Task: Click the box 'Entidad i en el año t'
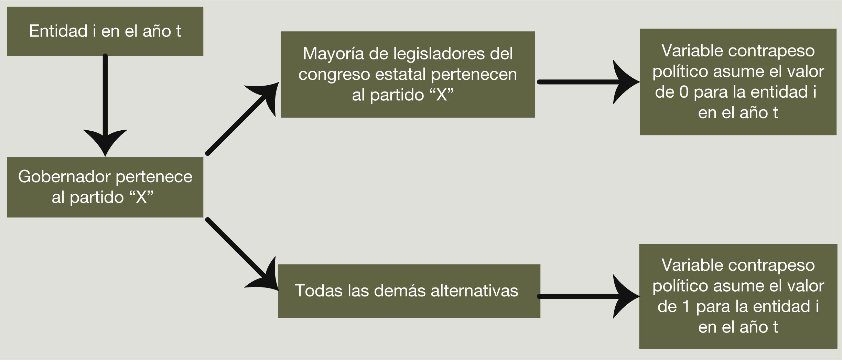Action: click(x=105, y=31)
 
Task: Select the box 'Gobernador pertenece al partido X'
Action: click(x=105, y=187)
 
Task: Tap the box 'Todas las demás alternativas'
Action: click(x=409, y=291)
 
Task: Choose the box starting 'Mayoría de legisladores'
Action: click(x=408, y=74)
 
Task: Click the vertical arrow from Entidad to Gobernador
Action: click(x=105, y=103)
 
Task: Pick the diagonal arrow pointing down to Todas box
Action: click(x=241, y=253)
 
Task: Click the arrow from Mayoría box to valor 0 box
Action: click(x=585, y=82)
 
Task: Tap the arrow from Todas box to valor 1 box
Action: click(x=585, y=296)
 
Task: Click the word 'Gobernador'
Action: click(x=64, y=177)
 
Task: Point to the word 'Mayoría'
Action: click(x=333, y=54)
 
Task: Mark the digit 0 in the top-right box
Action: click(x=684, y=92)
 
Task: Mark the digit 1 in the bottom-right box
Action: click(x=686, y=307)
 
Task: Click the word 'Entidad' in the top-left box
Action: click(x=58, y=31)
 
